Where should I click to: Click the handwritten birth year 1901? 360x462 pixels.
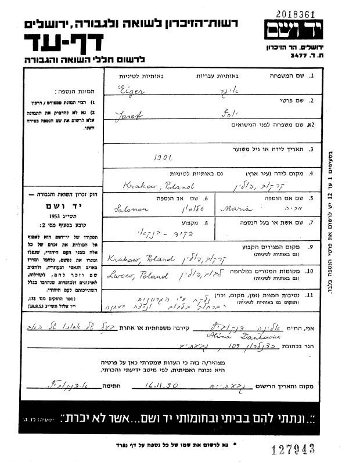(164, 156)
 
